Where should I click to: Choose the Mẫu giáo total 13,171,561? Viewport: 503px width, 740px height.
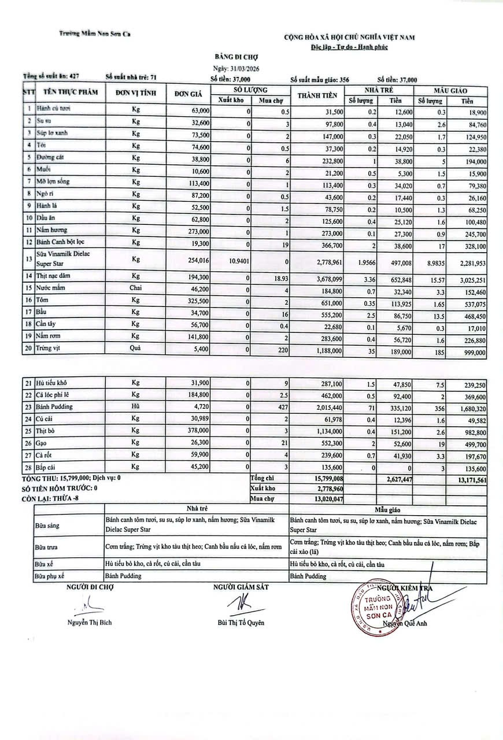pyautogui.click(x=467, y=479)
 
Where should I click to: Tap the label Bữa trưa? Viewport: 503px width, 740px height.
pyautogui.click(x=46, y=546)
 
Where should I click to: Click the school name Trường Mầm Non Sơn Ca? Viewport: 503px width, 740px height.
pyautogui.click(x=95, y=34)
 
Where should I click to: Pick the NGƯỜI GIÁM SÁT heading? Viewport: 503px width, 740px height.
pyautogui.click(x=241, y=587)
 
